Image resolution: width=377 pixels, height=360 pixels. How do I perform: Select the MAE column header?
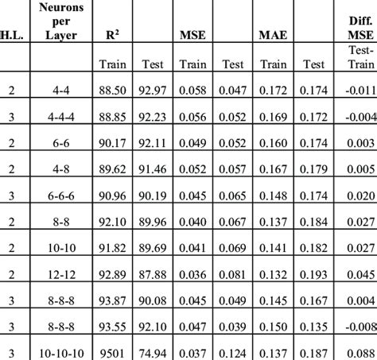pos(274,35)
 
